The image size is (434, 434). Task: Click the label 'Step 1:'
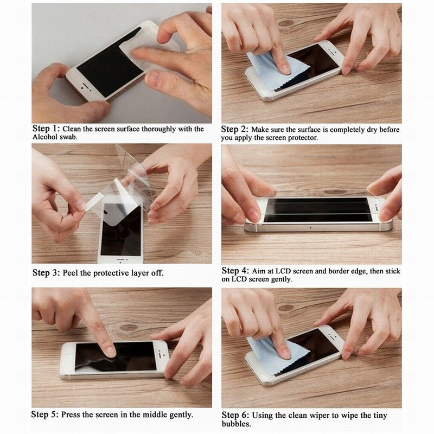coord(46,129)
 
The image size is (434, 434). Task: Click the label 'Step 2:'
coord(235,129)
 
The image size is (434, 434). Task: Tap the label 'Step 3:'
coord(46,272)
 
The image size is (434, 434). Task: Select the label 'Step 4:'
coord(235,270)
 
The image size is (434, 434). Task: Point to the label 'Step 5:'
coord(45,414)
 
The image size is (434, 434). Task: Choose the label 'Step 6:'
coord(235,414)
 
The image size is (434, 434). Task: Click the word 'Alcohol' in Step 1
coord(45,138)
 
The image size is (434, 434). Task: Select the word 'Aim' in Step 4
coord(260,271)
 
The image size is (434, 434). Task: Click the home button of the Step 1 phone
coord(82,85)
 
